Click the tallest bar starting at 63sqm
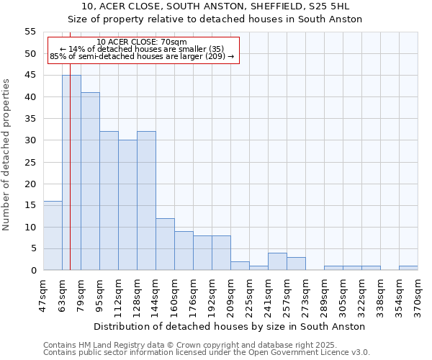pyautogui.click(x=71, y=173)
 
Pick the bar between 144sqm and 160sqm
pyautogui.click(x=165, y=244)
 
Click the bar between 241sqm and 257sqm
pyautogui.click(x=277, y=262)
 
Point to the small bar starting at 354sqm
pyautogui.click(x=408, y=268)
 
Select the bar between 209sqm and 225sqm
pyautogui.click(x=240, y=266)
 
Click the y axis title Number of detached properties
pyautogui.click(x=7, y=155)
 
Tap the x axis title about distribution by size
pyautogui.click(x=229, y=326)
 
